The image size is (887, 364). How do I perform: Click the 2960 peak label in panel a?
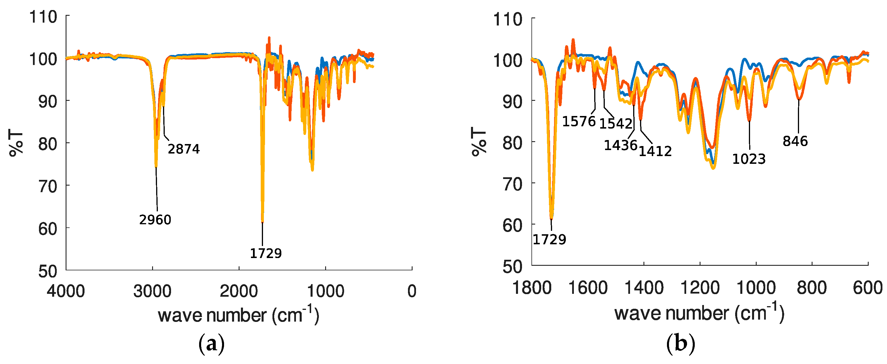[155, 219]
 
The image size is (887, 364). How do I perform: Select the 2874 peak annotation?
[184, 149]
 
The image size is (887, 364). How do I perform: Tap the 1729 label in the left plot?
[266, 253]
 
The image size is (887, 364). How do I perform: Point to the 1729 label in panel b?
[549, 239]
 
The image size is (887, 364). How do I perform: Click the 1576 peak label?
[579, 121]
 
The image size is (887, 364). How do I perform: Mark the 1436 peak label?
[621, 145]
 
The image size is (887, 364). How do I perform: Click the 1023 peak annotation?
[749, 159]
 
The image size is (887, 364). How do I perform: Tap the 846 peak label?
[795, 141]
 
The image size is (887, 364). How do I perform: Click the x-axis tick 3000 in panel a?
[152, 292]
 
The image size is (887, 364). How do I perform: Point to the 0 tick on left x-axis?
[412, 292]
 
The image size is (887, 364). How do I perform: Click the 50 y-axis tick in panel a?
[48, 271]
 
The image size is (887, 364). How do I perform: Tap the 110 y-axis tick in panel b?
[508, 19]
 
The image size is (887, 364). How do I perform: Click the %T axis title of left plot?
[16, 143]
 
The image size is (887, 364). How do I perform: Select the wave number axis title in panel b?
[699, 313]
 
